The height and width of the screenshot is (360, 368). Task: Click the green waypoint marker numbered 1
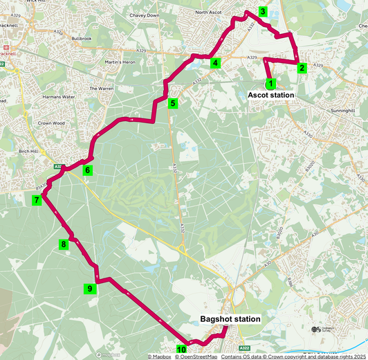pos(270,83)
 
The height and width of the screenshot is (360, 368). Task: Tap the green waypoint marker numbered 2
pos(302,68)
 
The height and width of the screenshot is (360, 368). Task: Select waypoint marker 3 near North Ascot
pos(263,12)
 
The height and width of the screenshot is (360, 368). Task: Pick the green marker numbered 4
pos(216,64)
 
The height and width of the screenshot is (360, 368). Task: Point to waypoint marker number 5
pos(173,104)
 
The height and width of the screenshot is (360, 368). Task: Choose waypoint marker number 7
pos(36,201)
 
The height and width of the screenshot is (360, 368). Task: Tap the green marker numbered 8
pos(64,244)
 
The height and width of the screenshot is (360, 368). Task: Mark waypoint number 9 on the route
pos(89,289)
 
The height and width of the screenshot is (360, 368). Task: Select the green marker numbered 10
pos(181,350)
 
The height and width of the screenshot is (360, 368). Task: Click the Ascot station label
pos(271,95)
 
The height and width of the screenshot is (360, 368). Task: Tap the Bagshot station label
pos(230,319)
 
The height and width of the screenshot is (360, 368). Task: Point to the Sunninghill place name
pos(347,111)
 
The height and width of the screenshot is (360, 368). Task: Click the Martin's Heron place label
pos(120,62)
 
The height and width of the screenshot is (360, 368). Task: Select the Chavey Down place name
pos(144,15)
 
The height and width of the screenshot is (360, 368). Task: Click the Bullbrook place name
pos(81,39)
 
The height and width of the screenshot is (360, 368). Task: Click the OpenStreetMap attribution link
pos(196,357)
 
